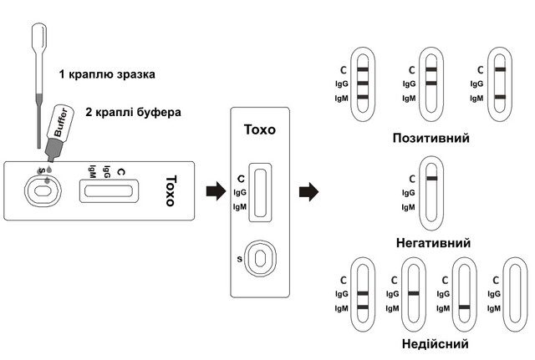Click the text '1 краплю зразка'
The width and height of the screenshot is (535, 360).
coord(107,74)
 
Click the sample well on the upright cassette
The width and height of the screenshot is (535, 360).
coord(262,258)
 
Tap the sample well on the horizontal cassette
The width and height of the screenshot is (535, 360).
coord(41,193)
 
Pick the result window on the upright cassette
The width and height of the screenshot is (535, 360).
coord(262,199)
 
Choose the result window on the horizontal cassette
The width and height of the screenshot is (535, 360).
coord(107,192)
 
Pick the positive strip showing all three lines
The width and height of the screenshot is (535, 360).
coord(362,84)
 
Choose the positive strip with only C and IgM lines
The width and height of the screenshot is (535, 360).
coord(498,84)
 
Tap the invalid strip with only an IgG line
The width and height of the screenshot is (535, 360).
coord(413,294)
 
